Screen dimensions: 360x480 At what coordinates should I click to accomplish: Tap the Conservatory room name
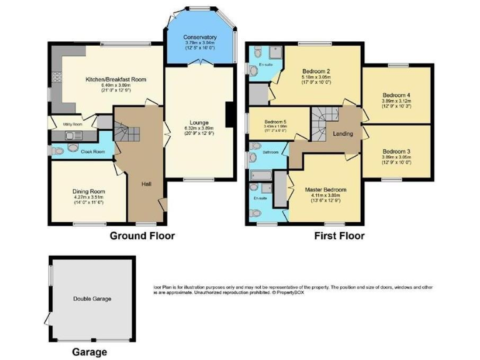tap(199, 37)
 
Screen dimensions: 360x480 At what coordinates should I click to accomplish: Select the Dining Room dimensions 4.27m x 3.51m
tap(87, 197)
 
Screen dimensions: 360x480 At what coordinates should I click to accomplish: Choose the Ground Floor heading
tap(142, 236)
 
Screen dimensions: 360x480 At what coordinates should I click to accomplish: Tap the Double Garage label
tap(92, 299)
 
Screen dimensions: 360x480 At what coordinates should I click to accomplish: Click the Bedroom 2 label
tap(316, 70)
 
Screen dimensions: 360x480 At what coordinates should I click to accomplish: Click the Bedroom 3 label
tap(396, 151)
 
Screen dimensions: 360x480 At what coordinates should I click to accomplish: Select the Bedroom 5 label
tap(275, 121)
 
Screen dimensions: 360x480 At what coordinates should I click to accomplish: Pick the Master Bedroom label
tap(325, 189)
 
